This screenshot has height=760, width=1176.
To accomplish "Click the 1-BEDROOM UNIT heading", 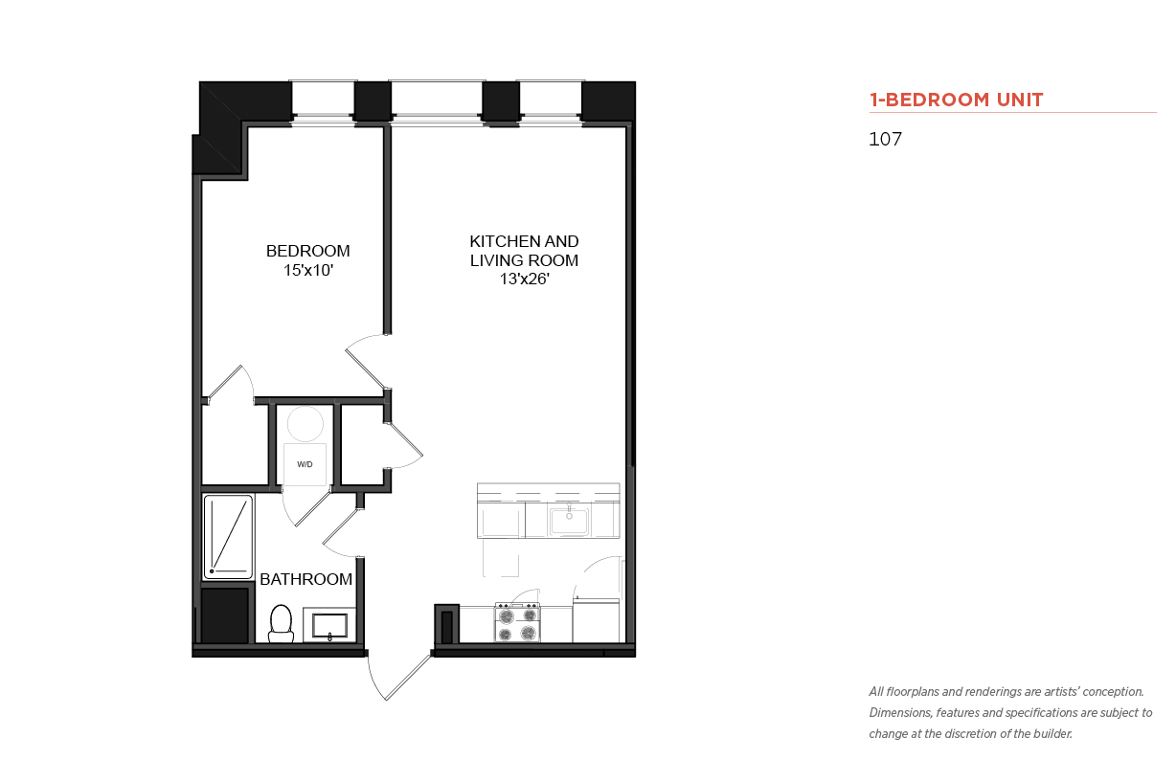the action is tap(956, 100).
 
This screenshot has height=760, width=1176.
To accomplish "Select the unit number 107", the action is tap(885, 139).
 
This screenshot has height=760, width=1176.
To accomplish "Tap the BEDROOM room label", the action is tap(307, 251).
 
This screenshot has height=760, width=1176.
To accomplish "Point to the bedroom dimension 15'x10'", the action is tap(308, 270).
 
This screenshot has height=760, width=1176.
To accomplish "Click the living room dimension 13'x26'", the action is tap(524, 279).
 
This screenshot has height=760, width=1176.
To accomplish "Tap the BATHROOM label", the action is tap(305, 579).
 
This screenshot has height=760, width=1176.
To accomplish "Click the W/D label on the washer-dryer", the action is tap(305, 464).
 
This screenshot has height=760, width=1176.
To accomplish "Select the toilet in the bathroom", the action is tap(281, 623).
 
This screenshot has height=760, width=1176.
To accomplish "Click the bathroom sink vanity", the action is tap(329, 625).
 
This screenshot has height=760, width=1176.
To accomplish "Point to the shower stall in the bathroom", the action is tap(228, 536).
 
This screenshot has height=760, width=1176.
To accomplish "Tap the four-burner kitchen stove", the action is tap(517, 622).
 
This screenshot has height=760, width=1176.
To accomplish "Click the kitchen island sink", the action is tap(569, 520).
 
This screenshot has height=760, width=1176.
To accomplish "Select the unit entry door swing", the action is tap(399, 677).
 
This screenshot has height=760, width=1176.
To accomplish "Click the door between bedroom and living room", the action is tap(368, 361).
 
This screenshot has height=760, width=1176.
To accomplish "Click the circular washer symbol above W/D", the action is tap(305, 424).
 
